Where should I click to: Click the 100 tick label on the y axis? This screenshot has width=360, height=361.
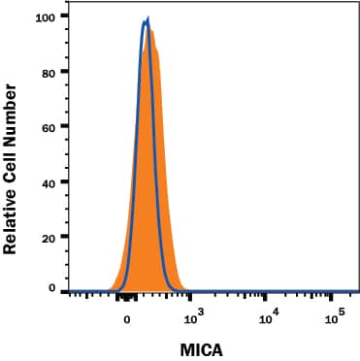click(x=44, y=16)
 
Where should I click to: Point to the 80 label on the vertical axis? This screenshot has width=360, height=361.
click(x=47, y=71)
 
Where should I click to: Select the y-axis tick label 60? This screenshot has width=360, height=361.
click(x=47, y=126)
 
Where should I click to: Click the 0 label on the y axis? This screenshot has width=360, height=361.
click(x=50, y=288)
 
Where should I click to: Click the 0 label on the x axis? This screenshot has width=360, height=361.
click(x=125, y=315)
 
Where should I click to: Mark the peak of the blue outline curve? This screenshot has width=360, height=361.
click(x=147, y=17)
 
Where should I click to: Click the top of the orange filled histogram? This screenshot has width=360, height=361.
click(x=151, y=30)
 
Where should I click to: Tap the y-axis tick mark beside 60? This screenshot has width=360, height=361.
click(x=62, y=126)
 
